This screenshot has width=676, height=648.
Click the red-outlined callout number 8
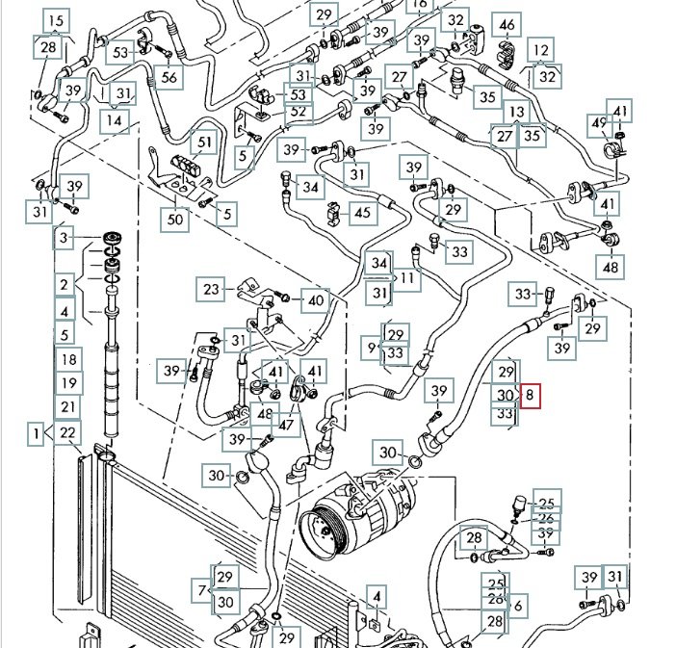[533, 395]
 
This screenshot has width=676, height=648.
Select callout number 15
[55, 20]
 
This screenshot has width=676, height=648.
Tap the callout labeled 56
[169, 78]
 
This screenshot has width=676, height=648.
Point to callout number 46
[505, 25]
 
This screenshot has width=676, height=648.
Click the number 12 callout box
[542, 49]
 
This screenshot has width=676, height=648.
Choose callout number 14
[115, 121]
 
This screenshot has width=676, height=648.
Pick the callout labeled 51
[202, 143]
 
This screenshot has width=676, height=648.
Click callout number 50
[174, 219]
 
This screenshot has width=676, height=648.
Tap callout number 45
[362, 212]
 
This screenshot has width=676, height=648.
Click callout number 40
[315, 299]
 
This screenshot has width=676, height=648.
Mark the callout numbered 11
[408, 279]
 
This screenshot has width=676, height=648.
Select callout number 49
[599, 123]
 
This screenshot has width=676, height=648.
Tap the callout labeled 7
[202, 589]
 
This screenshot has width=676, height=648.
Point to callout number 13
[517, 113]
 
